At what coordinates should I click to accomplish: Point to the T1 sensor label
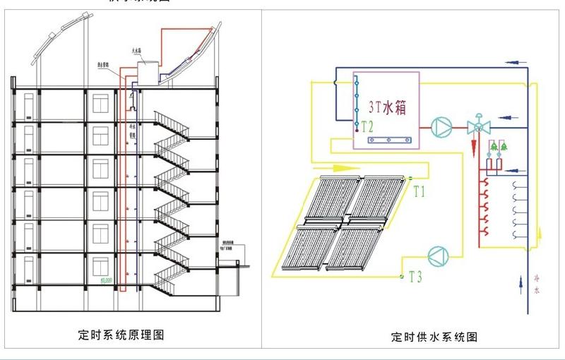[420, 191]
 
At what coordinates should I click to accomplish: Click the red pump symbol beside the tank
[441, 127]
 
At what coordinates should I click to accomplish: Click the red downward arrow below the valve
[472, 148]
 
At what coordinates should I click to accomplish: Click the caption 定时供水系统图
[434, 337]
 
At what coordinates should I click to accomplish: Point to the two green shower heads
[499, 147]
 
